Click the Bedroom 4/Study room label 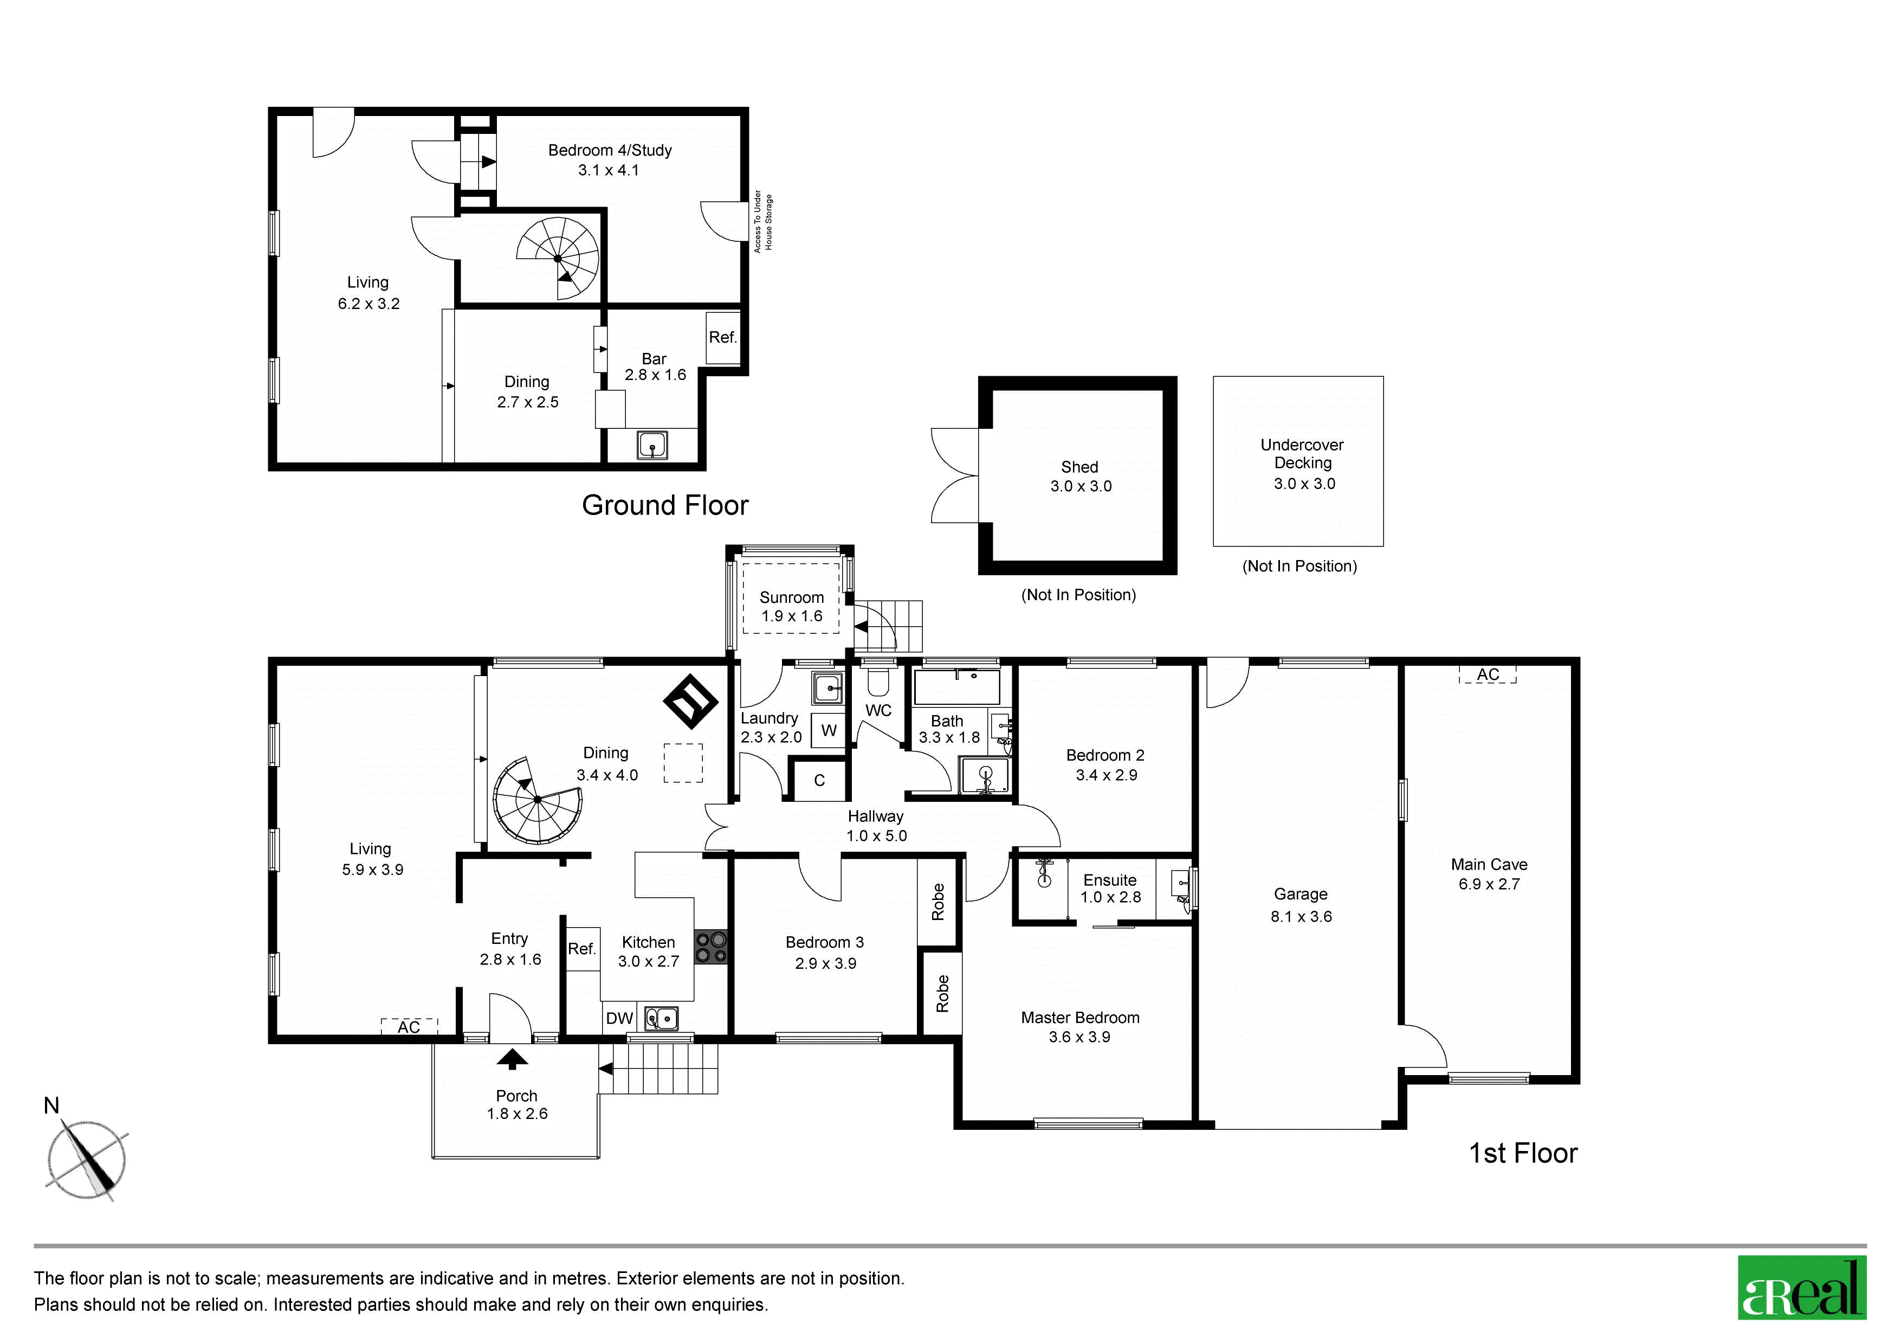click(x=610, y=150)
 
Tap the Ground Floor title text click(x=665, y=505)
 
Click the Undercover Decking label click(x=1302, y=454)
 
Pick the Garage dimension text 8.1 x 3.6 click(x=1302, y=917)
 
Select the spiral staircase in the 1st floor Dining click(x=538, y=800)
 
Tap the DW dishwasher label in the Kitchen click(x=619, y=1019)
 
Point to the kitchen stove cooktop click(x=710, y=947)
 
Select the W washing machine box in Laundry click(x=828, y=730)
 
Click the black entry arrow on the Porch click(x=513, y=1059)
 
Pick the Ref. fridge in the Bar click(x=723, y=337)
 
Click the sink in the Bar click(x=652, y=446)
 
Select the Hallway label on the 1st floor click(x=875, y=816)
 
